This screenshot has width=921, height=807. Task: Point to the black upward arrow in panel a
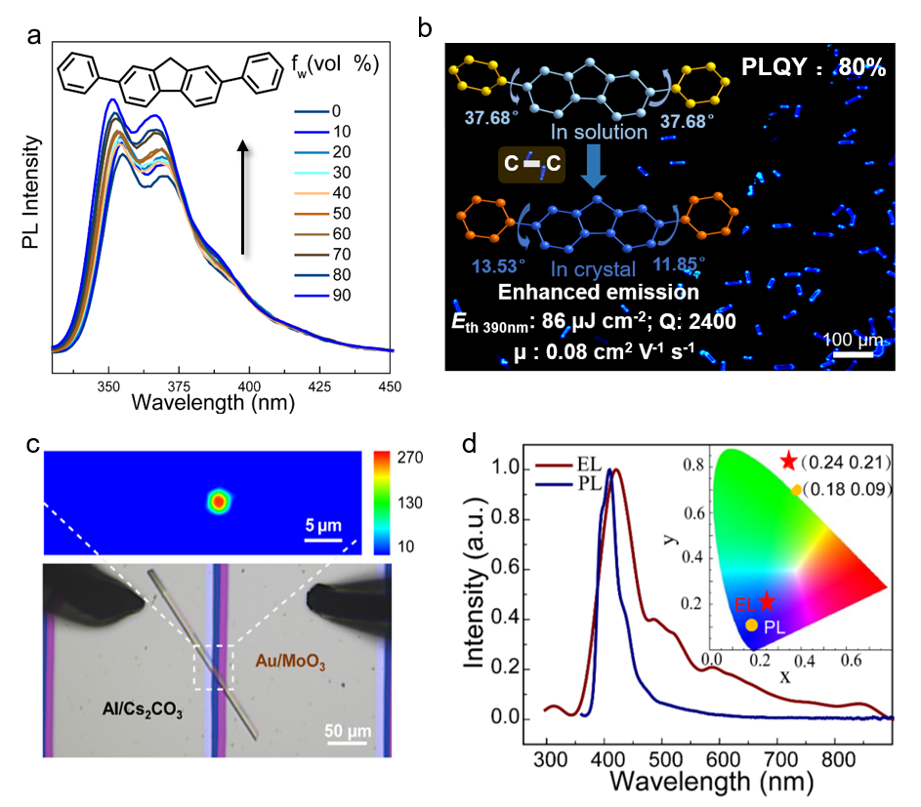pos(242,196)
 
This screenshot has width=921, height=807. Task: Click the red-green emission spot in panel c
pos(219,501)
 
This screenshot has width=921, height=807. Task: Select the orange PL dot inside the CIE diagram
pos(750,625)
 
